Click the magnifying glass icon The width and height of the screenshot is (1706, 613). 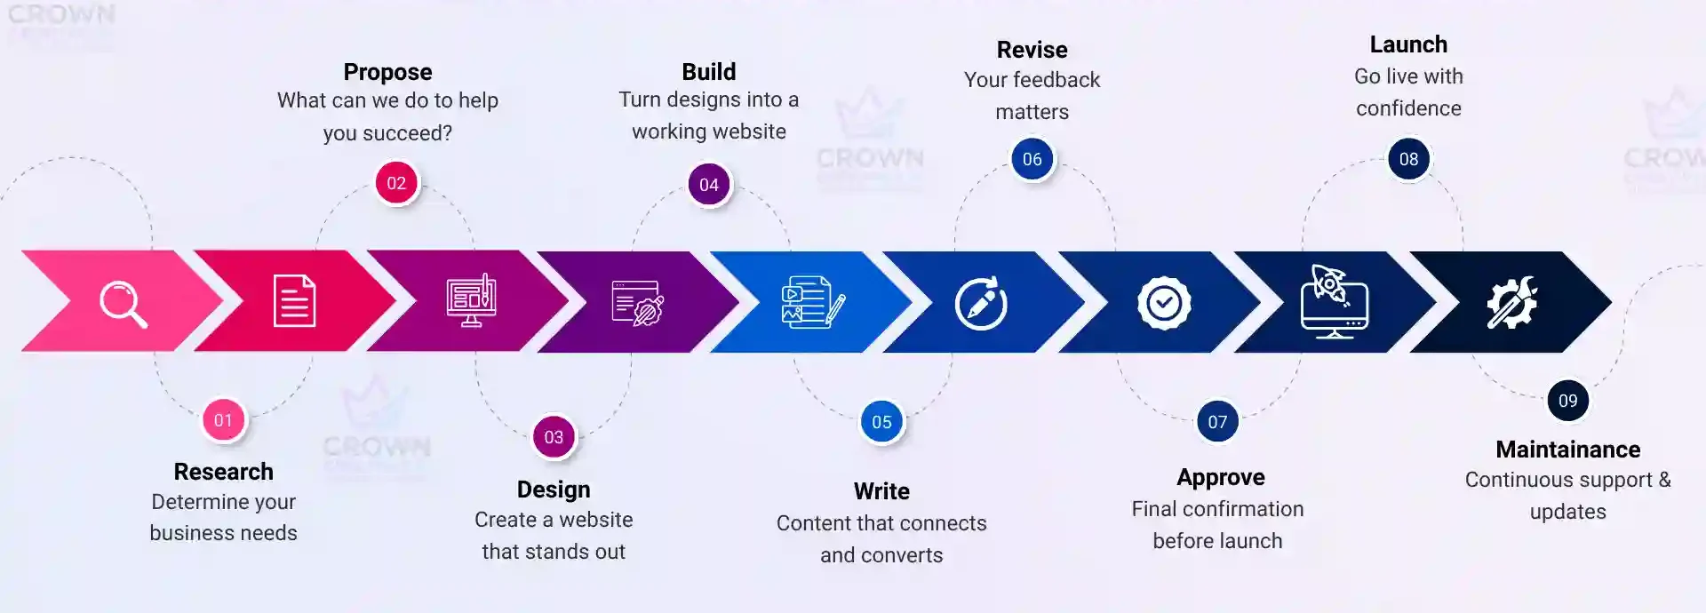[123, 304]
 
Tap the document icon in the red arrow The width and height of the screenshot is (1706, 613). [294, 301]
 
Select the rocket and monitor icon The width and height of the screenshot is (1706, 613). [1334, 301]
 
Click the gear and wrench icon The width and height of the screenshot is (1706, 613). [1511, 302]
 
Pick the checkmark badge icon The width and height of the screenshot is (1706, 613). [1164, 304]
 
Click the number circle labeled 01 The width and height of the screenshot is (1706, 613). [223, 420]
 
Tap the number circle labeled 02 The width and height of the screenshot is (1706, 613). [396, 184]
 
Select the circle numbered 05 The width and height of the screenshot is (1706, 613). [881, 422]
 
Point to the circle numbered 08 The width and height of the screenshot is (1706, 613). [1408, 160]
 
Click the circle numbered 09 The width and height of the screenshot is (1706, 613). [1567, 401]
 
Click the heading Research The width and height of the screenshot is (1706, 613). [223, 472]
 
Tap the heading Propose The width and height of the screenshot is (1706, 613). [387, 72]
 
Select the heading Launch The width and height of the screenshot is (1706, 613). [1408, 44]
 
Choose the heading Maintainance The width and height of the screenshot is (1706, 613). [1567, 450]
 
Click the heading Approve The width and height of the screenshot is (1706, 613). [1220, 477]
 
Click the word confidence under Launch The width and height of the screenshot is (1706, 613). [1408, 108]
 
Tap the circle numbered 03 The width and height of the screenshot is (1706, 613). [554, 437]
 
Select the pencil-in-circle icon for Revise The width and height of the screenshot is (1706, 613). [981, 304]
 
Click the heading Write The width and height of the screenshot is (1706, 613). [881, 491]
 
